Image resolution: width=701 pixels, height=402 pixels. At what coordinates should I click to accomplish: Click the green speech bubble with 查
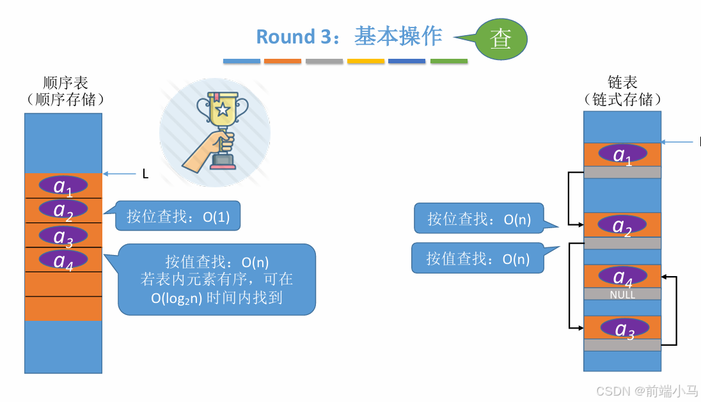[x=501, y=39]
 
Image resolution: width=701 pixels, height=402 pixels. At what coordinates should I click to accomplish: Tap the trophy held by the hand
[x=222, y=118]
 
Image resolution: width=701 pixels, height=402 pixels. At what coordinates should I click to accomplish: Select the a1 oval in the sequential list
[x=63, y=186]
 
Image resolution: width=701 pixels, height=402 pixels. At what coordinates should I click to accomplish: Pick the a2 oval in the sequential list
[x=63, y=210]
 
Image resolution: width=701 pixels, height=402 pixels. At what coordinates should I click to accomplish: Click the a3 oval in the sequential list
[x=63, y=236]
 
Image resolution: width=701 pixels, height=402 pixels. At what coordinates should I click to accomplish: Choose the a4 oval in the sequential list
[x=63, y=259]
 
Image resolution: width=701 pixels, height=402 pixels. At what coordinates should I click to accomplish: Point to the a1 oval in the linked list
[x=622, y=155]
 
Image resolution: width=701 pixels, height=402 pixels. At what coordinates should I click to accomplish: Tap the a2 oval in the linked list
[x=622, y=226]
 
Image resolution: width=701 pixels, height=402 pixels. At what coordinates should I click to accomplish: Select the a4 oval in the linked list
[x=622, y=276]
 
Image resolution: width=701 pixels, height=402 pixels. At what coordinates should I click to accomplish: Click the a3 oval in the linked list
[x=624, y=328]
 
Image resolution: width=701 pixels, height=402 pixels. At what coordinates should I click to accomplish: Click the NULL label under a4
[x=622, y=295]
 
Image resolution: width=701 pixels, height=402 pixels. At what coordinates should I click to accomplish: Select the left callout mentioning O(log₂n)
[x=217, y=279]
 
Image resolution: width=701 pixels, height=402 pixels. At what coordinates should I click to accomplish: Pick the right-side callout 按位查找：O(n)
[x=479, y=219]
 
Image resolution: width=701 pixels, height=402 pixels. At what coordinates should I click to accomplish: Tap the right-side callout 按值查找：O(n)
[x=478, y=258]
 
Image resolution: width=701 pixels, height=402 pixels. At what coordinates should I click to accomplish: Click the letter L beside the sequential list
[x=145, y=174]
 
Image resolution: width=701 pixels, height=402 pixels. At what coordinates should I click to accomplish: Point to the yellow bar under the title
[x=366, y=61]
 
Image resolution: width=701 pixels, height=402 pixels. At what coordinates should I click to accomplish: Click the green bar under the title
[x=448, y=61]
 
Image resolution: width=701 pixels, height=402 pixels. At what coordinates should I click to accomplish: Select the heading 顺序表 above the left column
[x=65, y=83]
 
